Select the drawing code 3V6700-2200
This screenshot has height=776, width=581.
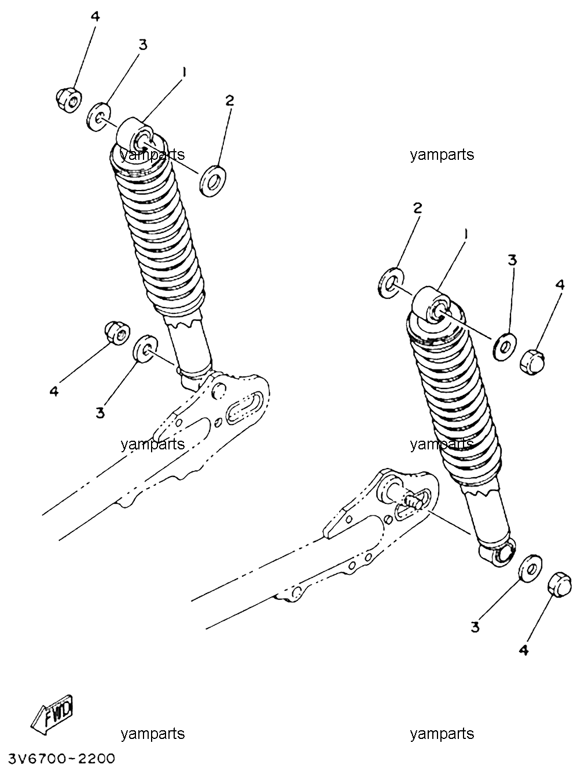(x=62, y=759)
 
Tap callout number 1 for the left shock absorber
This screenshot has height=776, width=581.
(x=183, y=72)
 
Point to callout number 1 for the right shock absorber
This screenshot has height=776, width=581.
(x=466, y=234)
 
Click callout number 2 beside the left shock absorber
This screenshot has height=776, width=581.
(x=230, y=101)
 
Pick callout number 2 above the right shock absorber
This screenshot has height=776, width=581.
(x=417, y=208)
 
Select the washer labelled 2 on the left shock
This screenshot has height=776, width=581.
(x=213, y=181)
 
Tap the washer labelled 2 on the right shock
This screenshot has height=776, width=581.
(x=391, y=283)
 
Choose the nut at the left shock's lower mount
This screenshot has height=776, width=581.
(x=117, y=332)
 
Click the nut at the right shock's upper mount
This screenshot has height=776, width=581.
(x=532, y=362)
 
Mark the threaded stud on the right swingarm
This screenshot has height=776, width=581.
(x=414, y=502)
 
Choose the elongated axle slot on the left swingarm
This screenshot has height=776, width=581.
(x=245, y=408)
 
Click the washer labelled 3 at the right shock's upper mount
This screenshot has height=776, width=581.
(x=505, y=347)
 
